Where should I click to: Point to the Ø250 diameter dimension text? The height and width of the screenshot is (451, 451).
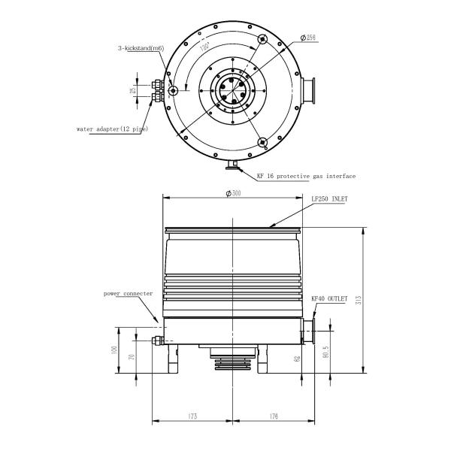click(307, 35)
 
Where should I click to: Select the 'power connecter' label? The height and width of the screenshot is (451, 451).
click(128, 293)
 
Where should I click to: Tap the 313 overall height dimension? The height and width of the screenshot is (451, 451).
click(359, 299)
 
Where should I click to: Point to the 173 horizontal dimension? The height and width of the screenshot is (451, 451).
click(194, 416)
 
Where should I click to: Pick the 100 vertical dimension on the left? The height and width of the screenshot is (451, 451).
click(114, 350)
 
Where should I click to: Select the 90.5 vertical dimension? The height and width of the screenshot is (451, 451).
click(325, 351)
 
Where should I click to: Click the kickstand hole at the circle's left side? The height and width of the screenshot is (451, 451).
click(174, 91)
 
